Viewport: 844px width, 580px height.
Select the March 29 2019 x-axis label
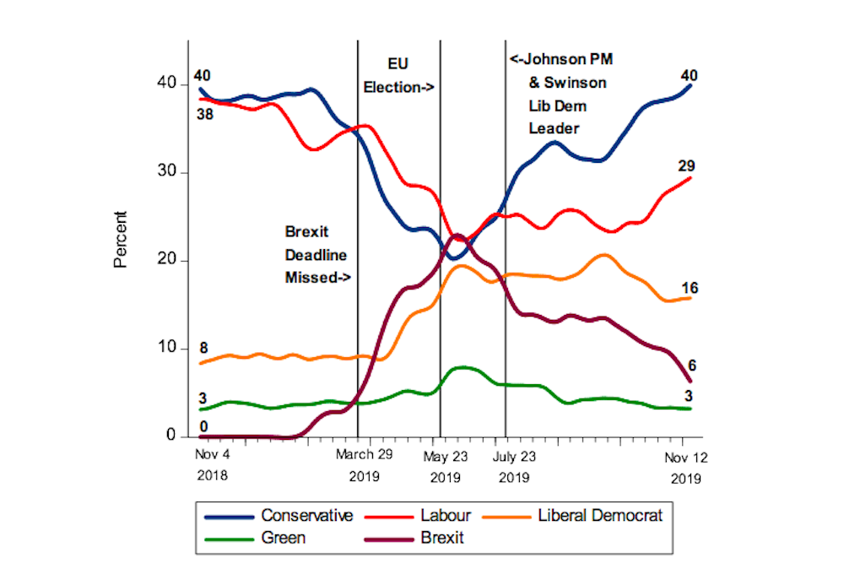(365, 465)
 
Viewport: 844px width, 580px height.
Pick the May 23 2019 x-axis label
(444, 465)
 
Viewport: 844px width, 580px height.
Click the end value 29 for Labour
(686, 165)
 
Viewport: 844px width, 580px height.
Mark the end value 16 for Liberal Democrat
(689, 289)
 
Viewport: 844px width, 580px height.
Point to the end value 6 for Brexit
(691, 365)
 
